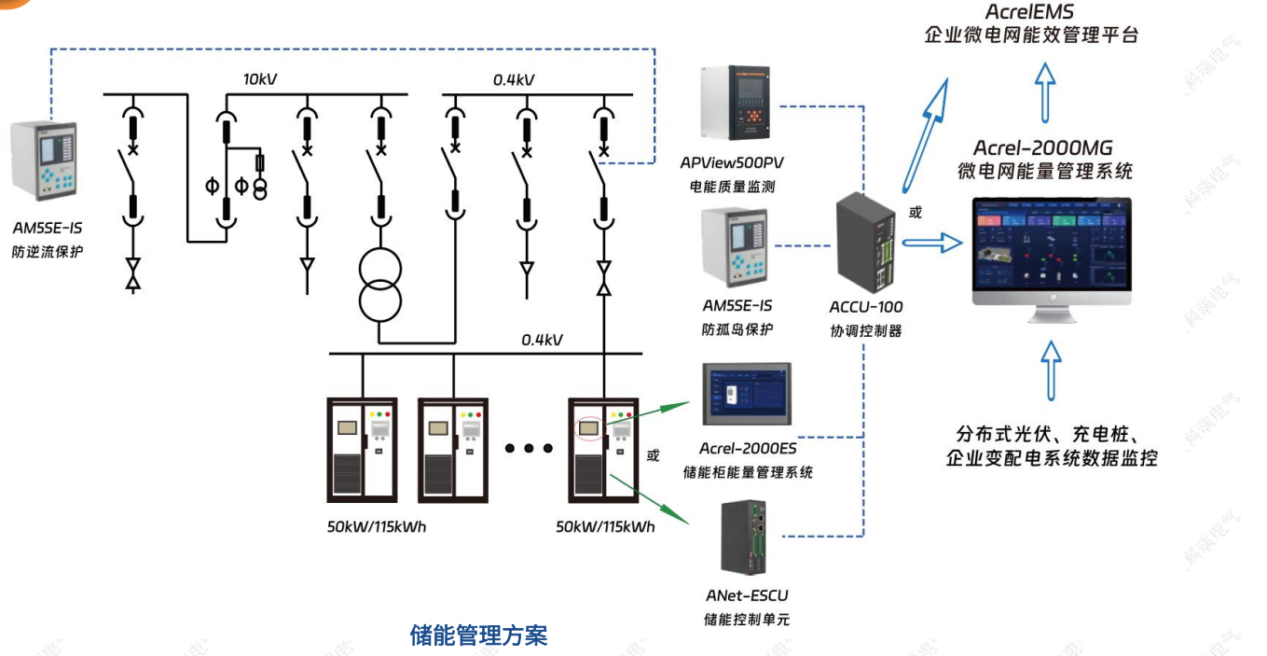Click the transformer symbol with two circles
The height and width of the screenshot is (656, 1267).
click(x=380, y=285)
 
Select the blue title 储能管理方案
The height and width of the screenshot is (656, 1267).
click(x=478, y=636)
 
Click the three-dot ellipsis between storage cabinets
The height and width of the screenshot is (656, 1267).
click(x=529, y=449)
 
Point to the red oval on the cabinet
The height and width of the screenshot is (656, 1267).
click(x=589, y=428)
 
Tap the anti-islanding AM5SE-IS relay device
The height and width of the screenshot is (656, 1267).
click(x=737, y=245)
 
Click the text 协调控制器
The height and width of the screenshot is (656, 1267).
click(x=866, y=330)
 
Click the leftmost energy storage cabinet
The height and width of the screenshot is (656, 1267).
click(x=362, y=450)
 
